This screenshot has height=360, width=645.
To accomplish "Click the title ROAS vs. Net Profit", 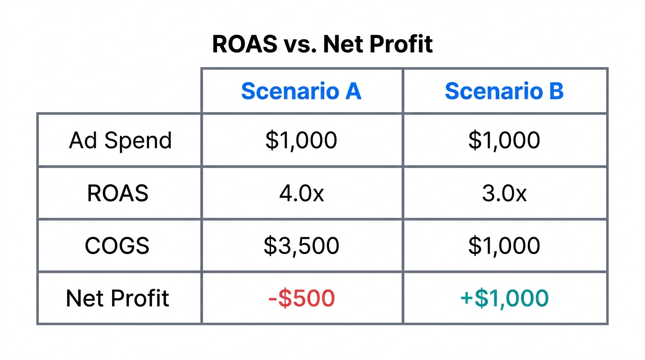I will tap(322, 45).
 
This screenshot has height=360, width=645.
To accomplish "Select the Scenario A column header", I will tap(301, 91).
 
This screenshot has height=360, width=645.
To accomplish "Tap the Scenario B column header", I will tap(504, 91).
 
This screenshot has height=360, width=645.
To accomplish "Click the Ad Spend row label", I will tap(120, 140).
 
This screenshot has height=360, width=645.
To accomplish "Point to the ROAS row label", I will tap(118, 193).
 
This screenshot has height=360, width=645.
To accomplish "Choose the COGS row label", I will tap(117, 246).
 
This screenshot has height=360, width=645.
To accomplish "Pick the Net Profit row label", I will tap(118, 298).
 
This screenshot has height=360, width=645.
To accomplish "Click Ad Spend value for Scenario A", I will tap(301, 140).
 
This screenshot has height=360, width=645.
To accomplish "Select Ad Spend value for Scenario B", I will tap(504, 140).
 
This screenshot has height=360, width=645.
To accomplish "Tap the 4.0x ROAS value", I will tap(301, 193).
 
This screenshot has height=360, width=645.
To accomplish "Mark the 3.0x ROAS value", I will tap(504, 193).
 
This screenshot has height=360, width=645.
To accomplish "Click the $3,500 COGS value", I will tap(301, 246).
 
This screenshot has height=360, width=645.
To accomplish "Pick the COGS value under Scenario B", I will tap(504, 246).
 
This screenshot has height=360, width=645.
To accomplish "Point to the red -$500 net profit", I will tap(301, 298).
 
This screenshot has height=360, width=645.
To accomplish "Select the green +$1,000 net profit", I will tap(504, 298).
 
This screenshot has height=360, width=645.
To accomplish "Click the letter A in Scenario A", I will tap(353, 91).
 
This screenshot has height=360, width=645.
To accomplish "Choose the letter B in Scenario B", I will tap(556, 91).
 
